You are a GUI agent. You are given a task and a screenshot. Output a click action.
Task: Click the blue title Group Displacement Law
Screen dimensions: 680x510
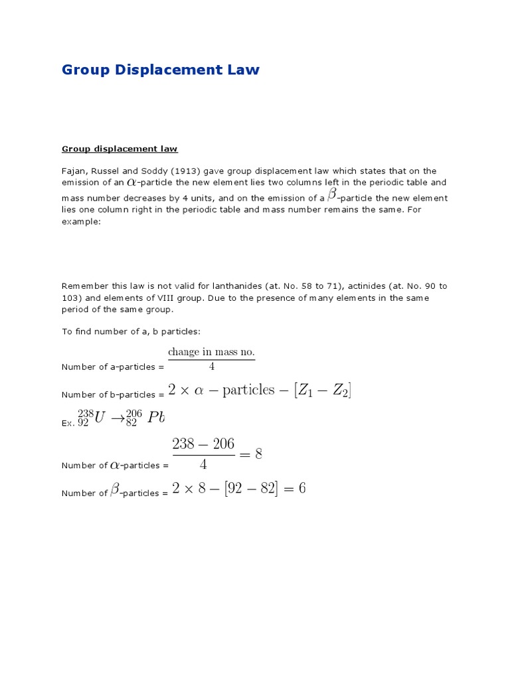tap(160, 70)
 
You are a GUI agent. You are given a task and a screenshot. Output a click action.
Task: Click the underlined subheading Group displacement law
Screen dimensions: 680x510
tap(120, 149)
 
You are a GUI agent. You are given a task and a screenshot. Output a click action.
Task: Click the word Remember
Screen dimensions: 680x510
tap(84, 286)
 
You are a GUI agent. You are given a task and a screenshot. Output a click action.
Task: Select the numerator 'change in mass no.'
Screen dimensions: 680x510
tap(211, 351)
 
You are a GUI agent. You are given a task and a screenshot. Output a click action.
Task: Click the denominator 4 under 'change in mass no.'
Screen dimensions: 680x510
tap(212, 367)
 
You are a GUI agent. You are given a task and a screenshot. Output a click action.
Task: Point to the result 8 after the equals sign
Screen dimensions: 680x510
tap(258, 454)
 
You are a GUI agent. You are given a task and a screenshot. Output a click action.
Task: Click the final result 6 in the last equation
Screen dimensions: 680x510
tap(302, 490)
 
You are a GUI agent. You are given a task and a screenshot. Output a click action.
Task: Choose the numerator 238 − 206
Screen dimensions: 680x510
tap(203, 444)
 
